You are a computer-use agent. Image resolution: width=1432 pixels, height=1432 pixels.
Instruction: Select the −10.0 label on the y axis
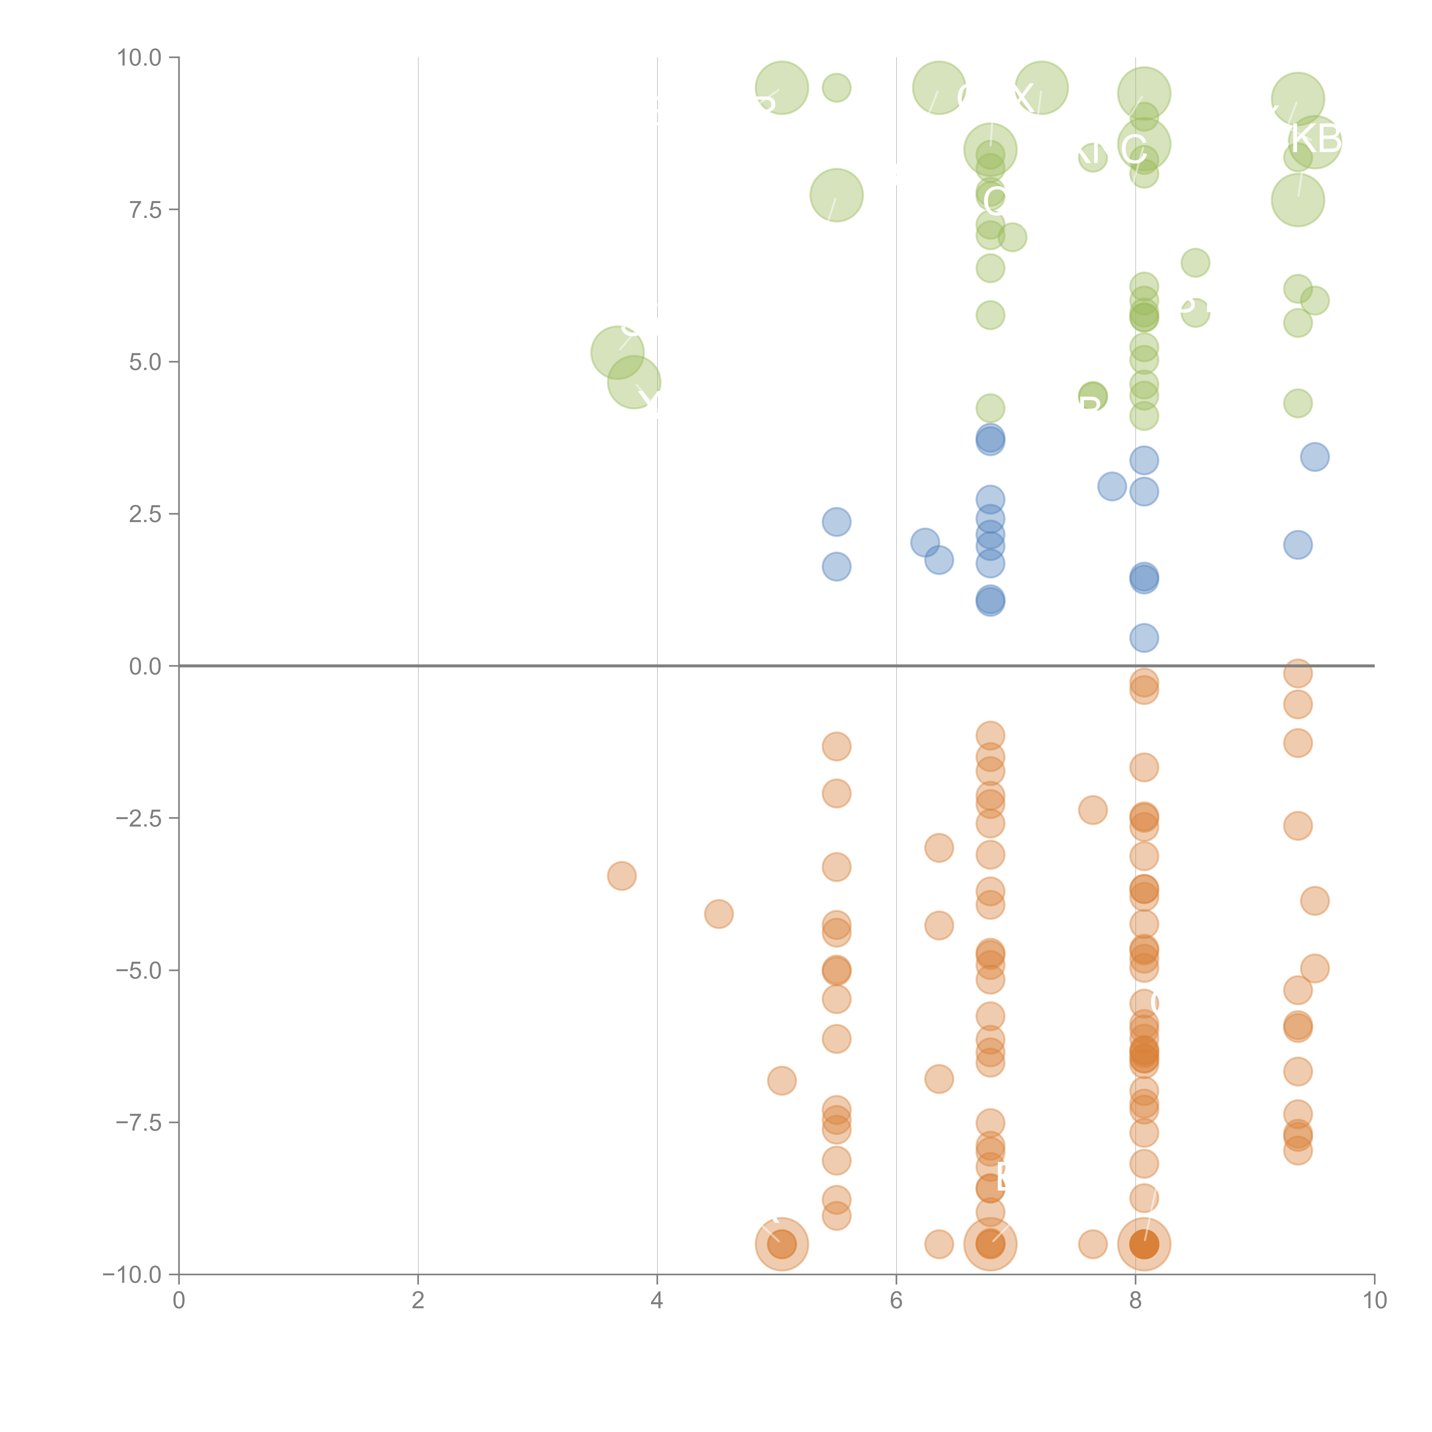point(132,1275)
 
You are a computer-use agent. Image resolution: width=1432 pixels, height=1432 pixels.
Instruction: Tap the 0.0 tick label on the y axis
point(145,666)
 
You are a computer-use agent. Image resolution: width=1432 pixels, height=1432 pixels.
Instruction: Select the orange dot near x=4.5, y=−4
point(718,914)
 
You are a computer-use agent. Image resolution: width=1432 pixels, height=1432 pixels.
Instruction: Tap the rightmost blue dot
point(1314,457)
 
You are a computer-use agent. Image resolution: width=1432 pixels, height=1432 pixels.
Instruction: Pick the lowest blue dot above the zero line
point(1144,638)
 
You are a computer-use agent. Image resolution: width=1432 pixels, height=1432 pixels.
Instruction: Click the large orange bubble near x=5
point(781,1244)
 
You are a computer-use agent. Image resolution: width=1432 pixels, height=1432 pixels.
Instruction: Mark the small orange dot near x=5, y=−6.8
point(781,1081)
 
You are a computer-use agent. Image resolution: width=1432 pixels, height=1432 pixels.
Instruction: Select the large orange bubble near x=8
point(1144,1244)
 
